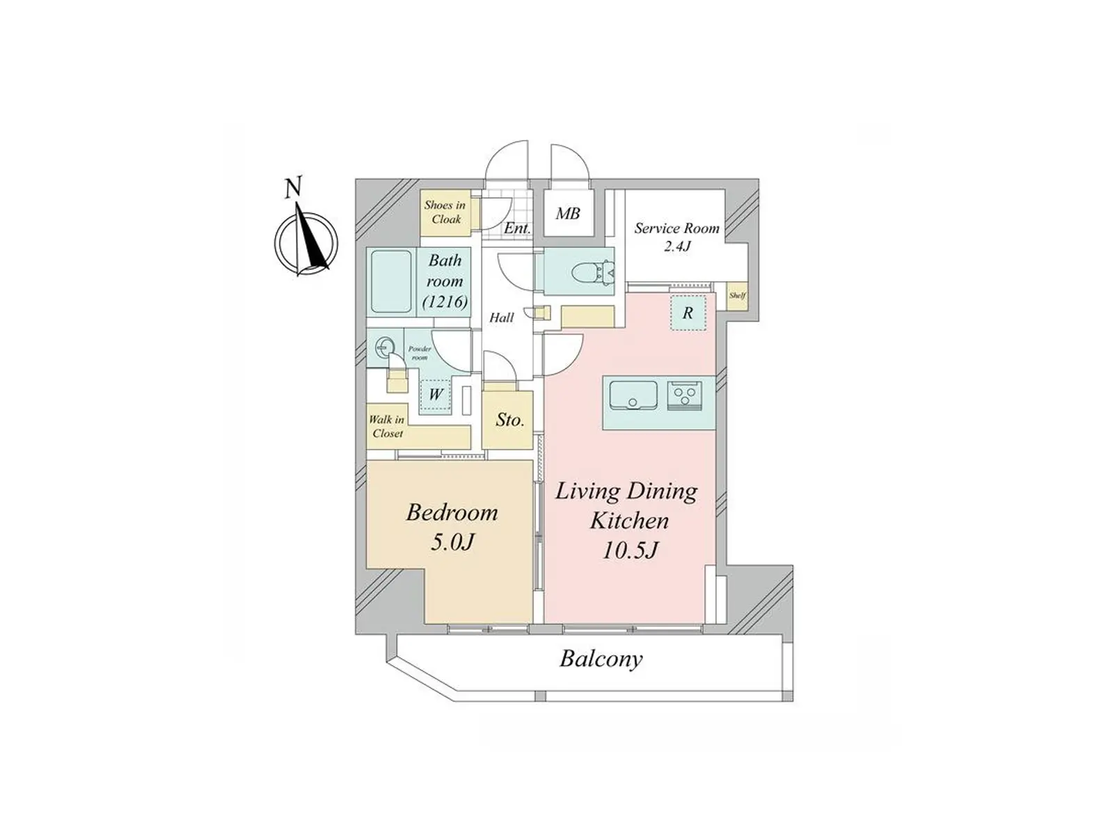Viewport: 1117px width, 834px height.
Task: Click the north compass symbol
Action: pos(306,239)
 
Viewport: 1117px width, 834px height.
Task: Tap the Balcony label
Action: pos(601,659)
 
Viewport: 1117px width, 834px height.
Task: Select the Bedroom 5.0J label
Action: pos(452,527)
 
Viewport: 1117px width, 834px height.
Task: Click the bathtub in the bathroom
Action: pos(391,281)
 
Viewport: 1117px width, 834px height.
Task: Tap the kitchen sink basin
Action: pos(633,395)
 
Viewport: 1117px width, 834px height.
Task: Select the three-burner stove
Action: pos(684,395)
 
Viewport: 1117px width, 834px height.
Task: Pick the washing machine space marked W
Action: pos(435,396)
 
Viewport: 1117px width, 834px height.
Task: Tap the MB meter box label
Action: pos(568,214)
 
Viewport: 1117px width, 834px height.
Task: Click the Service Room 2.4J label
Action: pos(677,237)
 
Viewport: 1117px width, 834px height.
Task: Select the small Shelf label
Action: pos(738,295)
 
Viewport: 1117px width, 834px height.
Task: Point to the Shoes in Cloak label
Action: pos(445,212)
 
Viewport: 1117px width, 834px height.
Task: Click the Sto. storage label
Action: pos(510,420)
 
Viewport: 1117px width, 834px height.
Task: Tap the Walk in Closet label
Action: pos(387,427)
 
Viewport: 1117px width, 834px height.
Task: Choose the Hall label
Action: pos(502,318)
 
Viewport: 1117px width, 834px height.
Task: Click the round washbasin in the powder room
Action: pos(384,348)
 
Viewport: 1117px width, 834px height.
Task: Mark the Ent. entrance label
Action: pos(517,228)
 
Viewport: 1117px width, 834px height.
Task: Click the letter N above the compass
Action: pos(293,187)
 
